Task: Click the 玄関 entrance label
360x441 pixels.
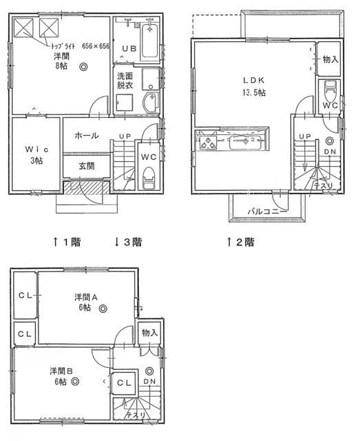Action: [x=86, y=166]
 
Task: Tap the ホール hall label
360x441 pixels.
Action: [x=86, y=136]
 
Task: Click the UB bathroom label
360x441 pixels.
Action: [x=129, y=48]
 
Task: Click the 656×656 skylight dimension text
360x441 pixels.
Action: [x=96, y=46]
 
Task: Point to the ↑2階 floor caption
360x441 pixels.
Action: [x=240, y=242]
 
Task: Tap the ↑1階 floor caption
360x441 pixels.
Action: [x=67, y=242]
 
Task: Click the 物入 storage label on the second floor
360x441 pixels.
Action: [x=329, y=59]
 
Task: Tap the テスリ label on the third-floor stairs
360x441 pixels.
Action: [x=135, y=416]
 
